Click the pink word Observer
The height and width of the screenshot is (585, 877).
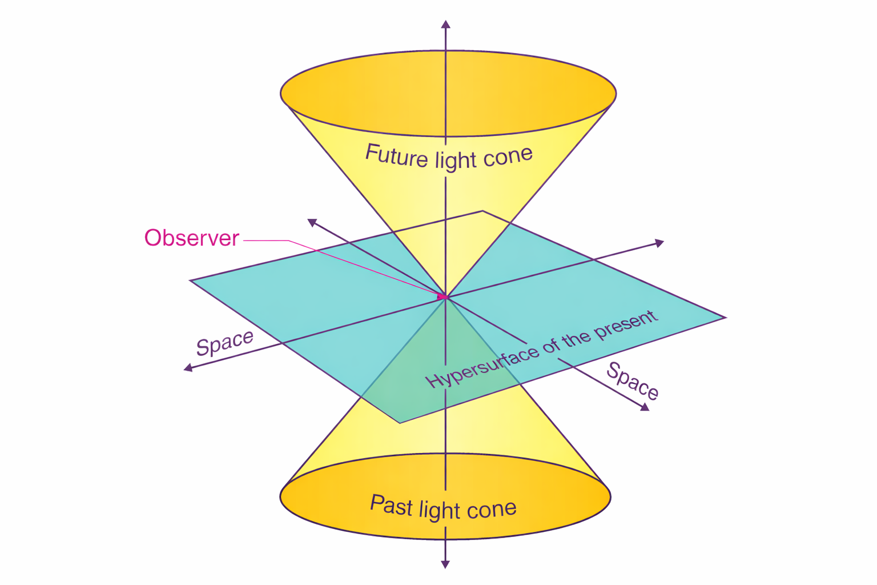point(191,238)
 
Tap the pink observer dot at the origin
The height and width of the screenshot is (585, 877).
point(442,297)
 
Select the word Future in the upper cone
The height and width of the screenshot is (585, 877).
point(396,155)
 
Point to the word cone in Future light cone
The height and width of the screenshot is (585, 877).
point(508,156)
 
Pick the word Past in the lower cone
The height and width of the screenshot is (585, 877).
point(391,505)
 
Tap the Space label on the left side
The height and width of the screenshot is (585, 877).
point(224,343)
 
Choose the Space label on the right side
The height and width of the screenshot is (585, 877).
point(633,380)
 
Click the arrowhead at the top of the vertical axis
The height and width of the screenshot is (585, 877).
point(445,24)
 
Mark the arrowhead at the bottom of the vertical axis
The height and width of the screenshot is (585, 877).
point(445,564)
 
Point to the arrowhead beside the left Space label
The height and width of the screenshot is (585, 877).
point(188,368)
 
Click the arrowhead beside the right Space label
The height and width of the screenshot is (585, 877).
point(645,407)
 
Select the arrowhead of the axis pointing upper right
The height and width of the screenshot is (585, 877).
point(659,243)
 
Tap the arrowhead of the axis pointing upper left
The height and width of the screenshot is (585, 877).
point(312,222)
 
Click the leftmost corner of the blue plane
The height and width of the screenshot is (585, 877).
point(191,281)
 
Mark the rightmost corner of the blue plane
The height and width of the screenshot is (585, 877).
point(725,318)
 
